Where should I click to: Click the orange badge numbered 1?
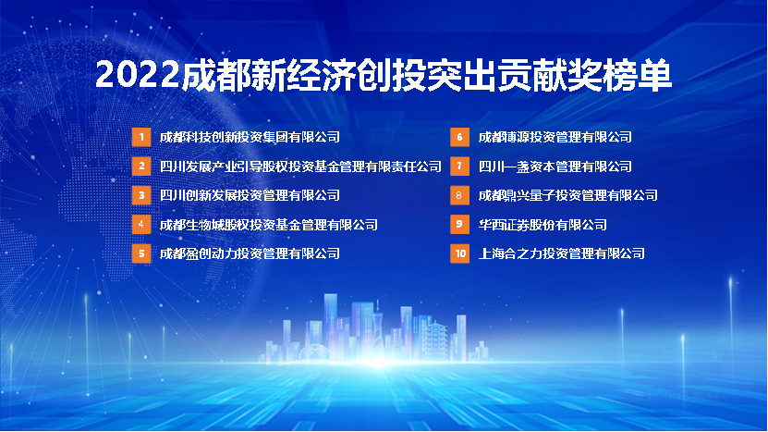[x=141, y=137]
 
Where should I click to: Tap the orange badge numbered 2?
[x=141, y=167]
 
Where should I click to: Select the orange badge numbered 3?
[x=141, y=195]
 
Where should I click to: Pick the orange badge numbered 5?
[x=141, y=253]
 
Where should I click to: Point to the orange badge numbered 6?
[x=459, y=137]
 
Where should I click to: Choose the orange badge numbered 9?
[x=459, y=225]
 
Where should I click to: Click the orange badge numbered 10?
[x=459, y=253]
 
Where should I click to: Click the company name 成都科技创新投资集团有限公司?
[x=250, y=137]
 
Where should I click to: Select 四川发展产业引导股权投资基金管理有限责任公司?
[x=300, y=167]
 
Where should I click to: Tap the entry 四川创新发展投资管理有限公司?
[x=250, y=195]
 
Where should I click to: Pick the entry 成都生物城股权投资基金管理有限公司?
[x=269, y=225]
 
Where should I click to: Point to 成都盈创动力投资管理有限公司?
[x=250, y=253]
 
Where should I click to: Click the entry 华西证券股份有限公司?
[x=542, y=225]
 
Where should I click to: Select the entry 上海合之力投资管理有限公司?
[x=561, y=253]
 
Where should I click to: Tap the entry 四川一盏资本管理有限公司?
[x=555, y=167]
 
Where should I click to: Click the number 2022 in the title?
[x=138, y=75]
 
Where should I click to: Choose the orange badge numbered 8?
[x=459, y=195]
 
